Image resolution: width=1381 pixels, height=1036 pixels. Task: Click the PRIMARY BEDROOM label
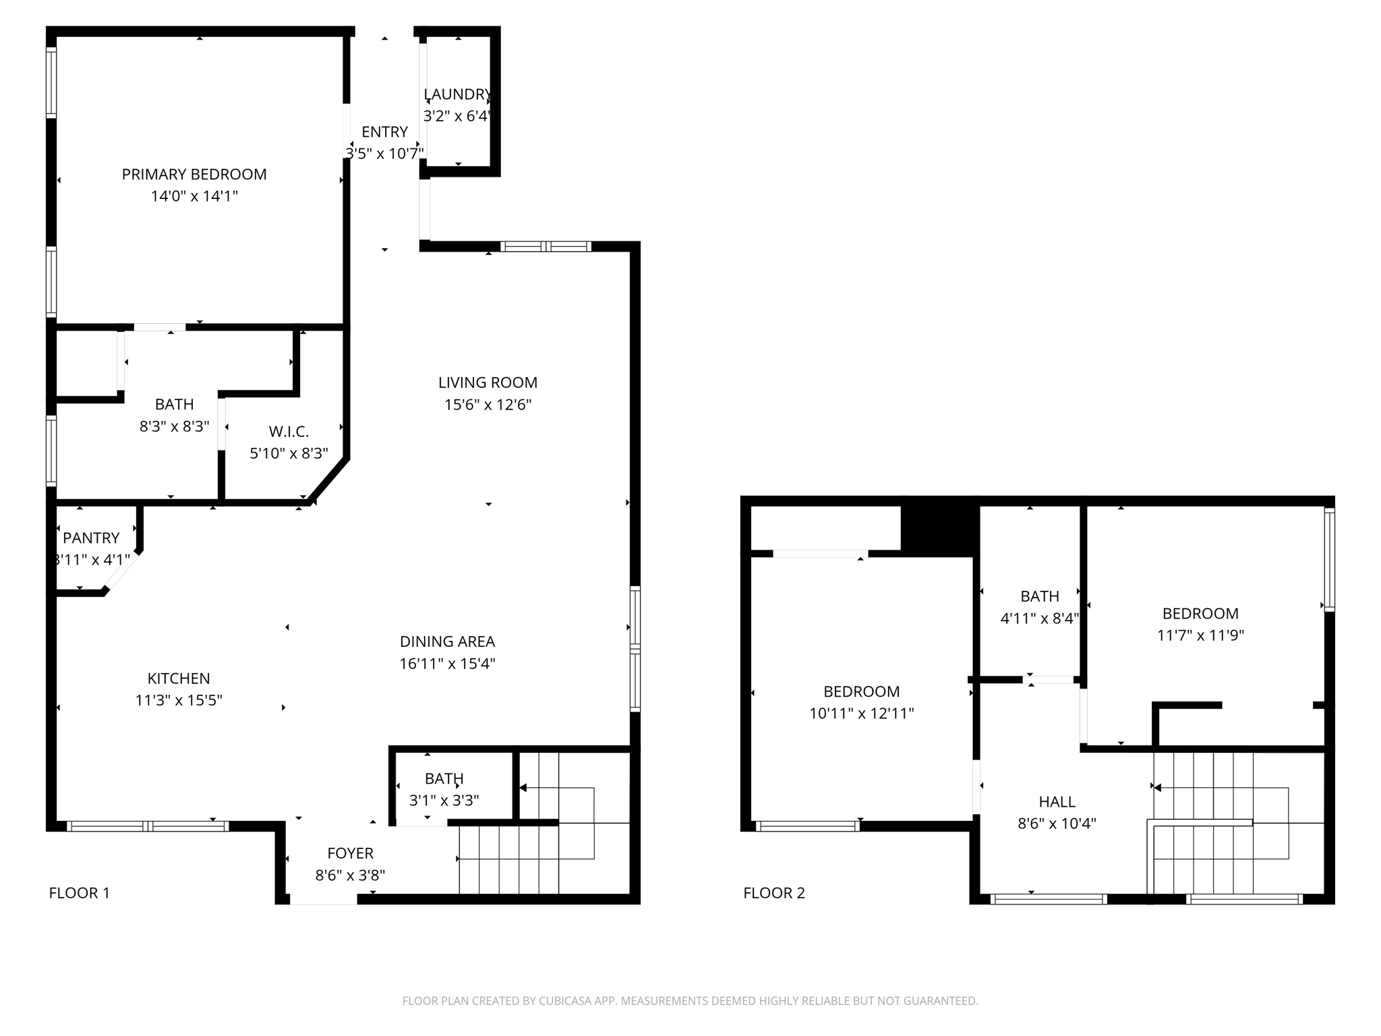194,175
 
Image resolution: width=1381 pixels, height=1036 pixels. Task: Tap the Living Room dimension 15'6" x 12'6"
488,405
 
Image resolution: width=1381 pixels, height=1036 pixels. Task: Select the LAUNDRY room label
457,94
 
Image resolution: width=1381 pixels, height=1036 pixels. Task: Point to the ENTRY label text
384,132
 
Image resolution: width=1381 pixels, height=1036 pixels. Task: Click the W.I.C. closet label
289,432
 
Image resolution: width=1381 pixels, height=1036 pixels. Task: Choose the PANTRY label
91,538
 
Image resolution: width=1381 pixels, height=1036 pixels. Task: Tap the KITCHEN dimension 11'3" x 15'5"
179,701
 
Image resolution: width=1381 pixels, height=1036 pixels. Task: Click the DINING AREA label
447,641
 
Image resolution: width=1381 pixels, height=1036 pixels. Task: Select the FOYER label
350,853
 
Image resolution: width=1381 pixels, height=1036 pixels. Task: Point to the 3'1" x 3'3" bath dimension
444,801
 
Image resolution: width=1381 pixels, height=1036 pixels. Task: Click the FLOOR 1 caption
79,893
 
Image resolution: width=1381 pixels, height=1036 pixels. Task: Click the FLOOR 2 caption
774,893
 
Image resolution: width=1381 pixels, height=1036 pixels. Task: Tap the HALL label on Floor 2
1057,802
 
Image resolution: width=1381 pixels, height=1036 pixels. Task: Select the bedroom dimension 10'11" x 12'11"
861,714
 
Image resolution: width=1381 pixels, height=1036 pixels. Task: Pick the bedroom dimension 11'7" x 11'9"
1200,635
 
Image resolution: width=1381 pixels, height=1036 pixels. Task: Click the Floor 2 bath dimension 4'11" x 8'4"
1039,618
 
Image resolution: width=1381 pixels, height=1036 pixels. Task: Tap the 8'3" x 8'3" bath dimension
174,427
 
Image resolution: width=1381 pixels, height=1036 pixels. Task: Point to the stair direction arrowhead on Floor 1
523,788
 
